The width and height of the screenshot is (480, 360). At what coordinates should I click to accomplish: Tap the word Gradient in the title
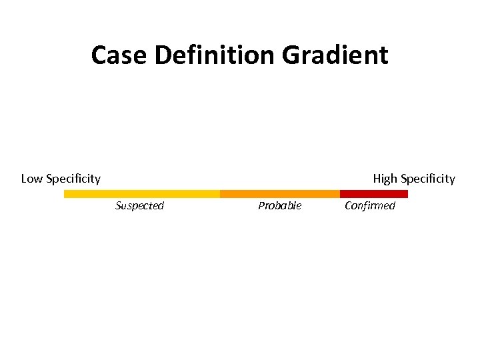click(x=335, y=55)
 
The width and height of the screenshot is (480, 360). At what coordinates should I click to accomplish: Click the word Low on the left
click(x=32, y=179)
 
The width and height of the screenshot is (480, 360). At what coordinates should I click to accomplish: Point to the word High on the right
click(x=385, y=179)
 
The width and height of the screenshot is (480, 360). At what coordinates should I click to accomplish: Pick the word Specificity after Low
click(x=73, y=179)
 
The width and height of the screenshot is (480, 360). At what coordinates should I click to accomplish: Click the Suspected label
click(x=139, y=205)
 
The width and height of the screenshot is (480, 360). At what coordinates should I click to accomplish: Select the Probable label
click(x=279, y=205)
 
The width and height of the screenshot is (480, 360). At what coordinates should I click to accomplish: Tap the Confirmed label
click(x=369, y=205)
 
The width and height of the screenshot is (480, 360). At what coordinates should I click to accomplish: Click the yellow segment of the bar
click(x=141, y=194)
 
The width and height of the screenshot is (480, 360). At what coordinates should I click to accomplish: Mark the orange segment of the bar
click(x=279, y=194)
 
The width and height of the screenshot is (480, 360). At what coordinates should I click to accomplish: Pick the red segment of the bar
click(x=373, y=194)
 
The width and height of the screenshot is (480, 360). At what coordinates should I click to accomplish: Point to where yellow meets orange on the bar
click(x=220, y=194)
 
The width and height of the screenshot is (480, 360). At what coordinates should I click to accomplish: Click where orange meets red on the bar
click(x=340, y=194)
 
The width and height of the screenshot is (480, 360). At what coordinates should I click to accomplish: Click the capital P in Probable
click(x=261, y=205)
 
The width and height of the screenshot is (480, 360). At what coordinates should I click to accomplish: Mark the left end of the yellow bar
click(x=65, y=194)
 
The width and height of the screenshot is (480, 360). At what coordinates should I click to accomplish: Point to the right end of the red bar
click(x=407, y=194)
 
